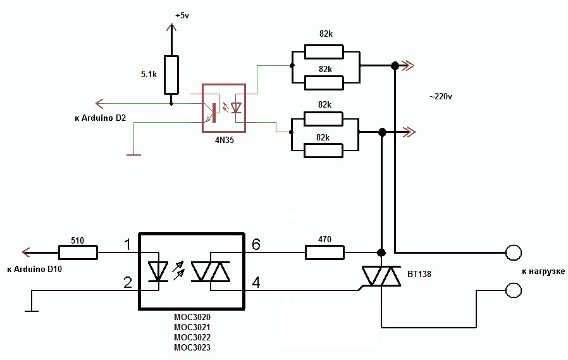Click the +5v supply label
[x=182, y=16]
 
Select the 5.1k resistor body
[x=171, y=75]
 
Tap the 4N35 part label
[x=225, y=140]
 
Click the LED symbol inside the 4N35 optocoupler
[x=237, y=108]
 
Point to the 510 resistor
[x=78, y=252]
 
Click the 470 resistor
[x=324, y=252]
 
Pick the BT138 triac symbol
[x=381, y=276]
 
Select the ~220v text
[x=440, y=97]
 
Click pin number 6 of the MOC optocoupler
[x=256, y=245]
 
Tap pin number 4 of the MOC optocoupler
[x=256, y=282]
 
